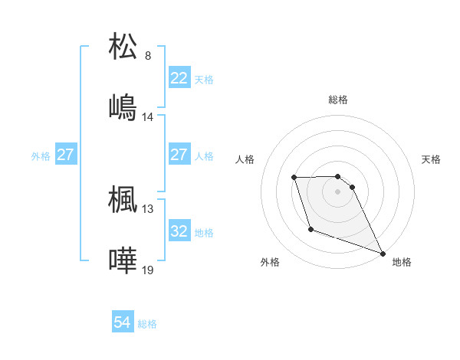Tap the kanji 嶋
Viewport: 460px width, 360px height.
[123, 106]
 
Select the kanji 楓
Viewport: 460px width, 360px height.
[123, 198]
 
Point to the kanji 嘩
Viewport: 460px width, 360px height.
[123, 259]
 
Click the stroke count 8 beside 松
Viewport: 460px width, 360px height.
[148, 56]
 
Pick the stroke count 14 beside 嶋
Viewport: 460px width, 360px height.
[148, 117]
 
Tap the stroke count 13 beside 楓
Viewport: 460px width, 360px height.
[148, 208]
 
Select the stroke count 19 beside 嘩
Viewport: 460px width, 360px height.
[148, 270]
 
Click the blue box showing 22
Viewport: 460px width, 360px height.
[179, 78]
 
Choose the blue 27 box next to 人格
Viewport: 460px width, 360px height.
[179, 155]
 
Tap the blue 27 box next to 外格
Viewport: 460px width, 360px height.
[65, 155]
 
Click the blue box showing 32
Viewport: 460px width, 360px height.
[179, 231]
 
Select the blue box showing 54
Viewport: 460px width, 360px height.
[122, 322]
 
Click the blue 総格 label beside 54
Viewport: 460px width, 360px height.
[147, 324]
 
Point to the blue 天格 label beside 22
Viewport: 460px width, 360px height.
[204, 79]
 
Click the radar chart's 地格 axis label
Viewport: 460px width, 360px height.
[402, 262]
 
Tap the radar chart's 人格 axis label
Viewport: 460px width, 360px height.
[245, 159]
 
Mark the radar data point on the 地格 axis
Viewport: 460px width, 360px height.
[383, 253]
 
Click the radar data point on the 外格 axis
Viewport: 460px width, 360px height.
[310, 229]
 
